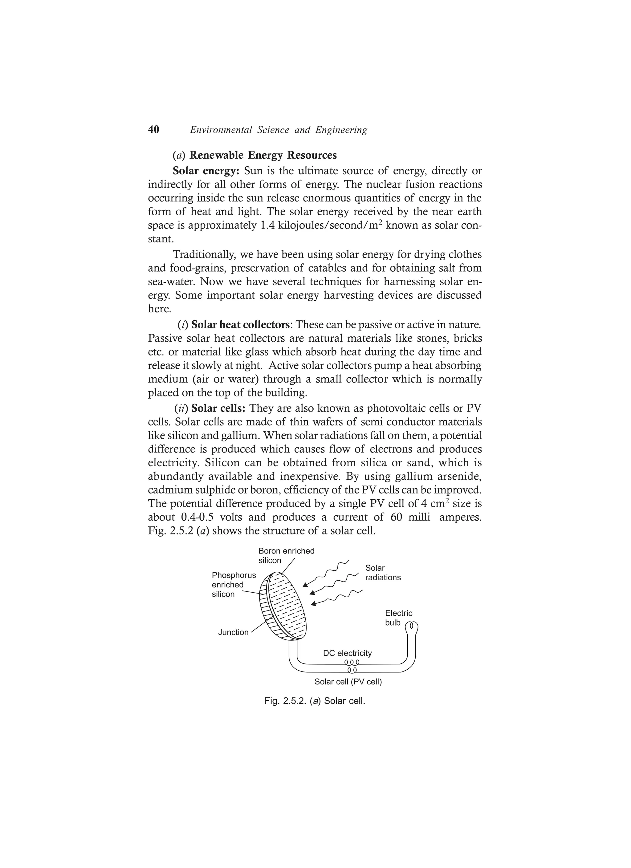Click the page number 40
[x=153, y=130]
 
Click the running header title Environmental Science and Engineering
[x=278, y=130]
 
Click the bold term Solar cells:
[x=218, y=408]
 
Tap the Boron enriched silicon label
[x=286, y=555]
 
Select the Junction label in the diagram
[x=233, y=632]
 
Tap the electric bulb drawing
[x=412, y=627]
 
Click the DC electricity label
[x=347, y=653]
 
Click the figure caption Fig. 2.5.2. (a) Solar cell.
[x=315, y=701]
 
